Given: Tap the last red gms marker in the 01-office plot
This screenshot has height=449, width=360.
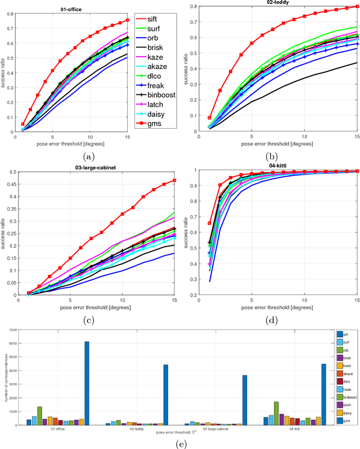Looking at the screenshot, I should point(128,20).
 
